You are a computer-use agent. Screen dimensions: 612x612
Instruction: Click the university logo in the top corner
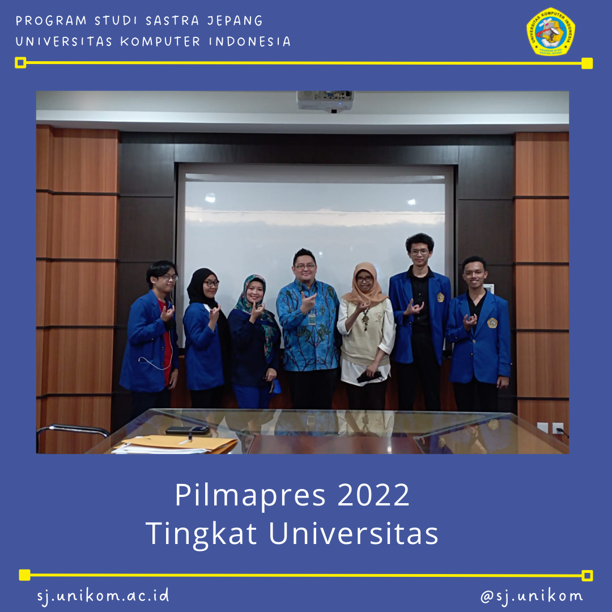pyautogui.click(x=550, y=32)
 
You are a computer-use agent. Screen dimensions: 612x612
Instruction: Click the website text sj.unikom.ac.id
pyautogui.click(x=103, y=596)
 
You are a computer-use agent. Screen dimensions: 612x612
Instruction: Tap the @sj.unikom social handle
pyautogui.click(x=531, y=596)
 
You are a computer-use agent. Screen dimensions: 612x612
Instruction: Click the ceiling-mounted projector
pyautogui.click(x=325, y=100)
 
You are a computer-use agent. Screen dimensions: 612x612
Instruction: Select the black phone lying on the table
pyautogui.click(x=188, y=430)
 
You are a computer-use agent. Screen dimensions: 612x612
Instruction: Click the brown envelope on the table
pyautogui.click(x=187, y=444)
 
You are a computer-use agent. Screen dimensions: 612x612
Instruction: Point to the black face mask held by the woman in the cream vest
pyautogui.click(x=368, y=376)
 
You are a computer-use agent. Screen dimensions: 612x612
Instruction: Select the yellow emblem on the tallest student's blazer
pyautogui.click(x=440, y=297)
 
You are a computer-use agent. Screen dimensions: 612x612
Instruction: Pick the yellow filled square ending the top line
pyautogui.click(x=586, y=63)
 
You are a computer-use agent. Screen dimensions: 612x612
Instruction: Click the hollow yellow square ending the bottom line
pyautogui.click(x=587, y=576)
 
